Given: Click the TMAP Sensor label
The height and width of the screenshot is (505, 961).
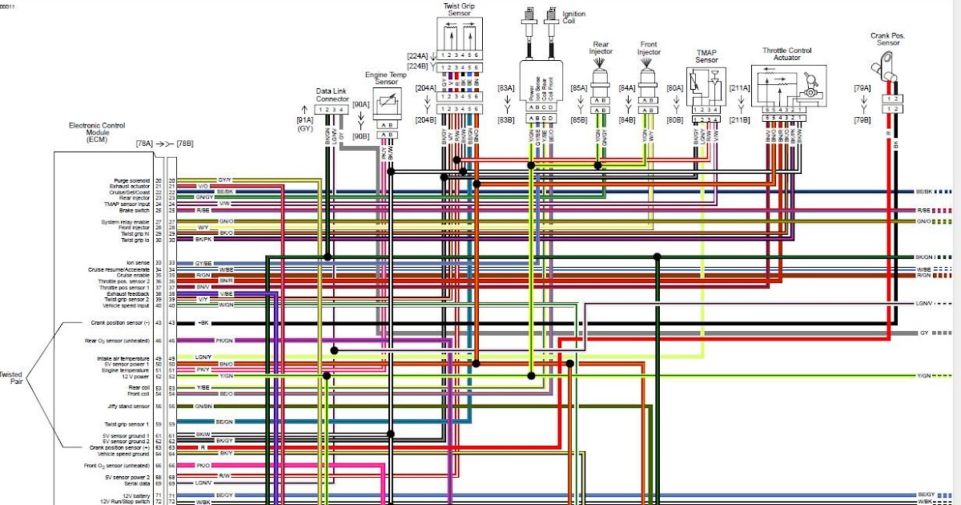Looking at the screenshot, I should click(x=706, y=56).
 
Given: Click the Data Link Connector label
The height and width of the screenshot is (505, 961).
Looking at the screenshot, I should click(x=332, y=95).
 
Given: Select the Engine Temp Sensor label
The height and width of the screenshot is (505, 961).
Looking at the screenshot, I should click(x=387, y=79).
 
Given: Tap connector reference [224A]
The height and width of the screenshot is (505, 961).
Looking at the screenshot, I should click(x=418, y=56).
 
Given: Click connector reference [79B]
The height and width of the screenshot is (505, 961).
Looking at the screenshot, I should click(x=862, y=120).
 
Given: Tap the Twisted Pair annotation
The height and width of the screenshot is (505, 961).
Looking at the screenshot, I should click(x=10, y=378).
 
